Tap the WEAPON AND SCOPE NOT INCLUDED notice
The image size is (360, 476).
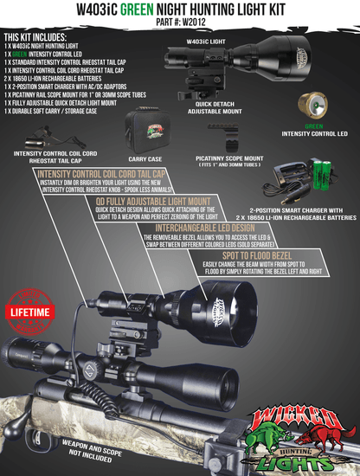pos(67,447)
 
